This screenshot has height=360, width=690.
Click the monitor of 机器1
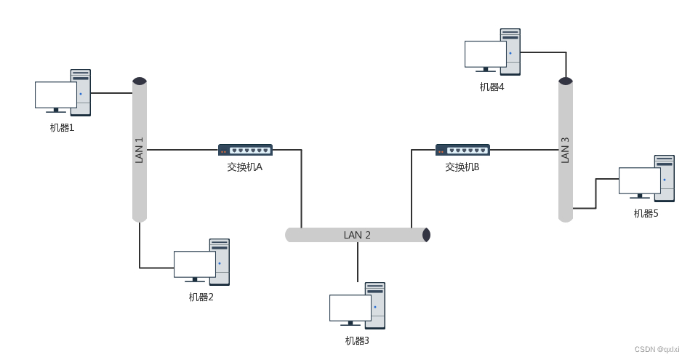[x=56, y=95]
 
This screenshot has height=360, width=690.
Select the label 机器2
[x=201, y=297]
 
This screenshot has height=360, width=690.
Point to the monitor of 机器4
[x=486, y=55]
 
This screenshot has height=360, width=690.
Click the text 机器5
[x=646, y=213]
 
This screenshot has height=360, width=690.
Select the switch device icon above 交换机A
[x=245, y=150]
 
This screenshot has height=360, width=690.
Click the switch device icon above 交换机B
[x=462, y=150]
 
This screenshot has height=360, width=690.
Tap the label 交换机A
[x=244, y=167]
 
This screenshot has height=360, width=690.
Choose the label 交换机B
[x=462, y=167]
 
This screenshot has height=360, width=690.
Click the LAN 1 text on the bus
[x=140, y=150]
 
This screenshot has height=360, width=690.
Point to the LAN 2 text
[x=357, y=235]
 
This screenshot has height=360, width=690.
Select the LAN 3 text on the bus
[x=565, y=150]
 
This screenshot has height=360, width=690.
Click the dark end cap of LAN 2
[x=427, y=235]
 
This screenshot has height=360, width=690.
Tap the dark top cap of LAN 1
[x=140, y=81]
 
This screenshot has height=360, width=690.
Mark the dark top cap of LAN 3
[x=566, y=81]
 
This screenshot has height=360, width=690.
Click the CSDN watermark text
[x=657, y=350]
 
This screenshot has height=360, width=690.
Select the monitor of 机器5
[x=640, y=181]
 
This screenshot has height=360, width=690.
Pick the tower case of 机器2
[x=220, y=261]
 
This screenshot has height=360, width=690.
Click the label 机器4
[x=492, y=87]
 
